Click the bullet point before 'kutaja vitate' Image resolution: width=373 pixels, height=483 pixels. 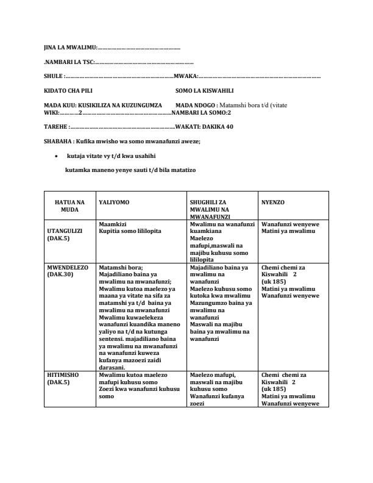(x=56, y=156)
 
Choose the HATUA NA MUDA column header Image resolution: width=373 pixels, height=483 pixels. (x=70, y=205)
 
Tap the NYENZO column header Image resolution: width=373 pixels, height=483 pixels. (x=272, y=201)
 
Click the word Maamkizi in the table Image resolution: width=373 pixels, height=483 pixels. (x=112, y=224)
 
